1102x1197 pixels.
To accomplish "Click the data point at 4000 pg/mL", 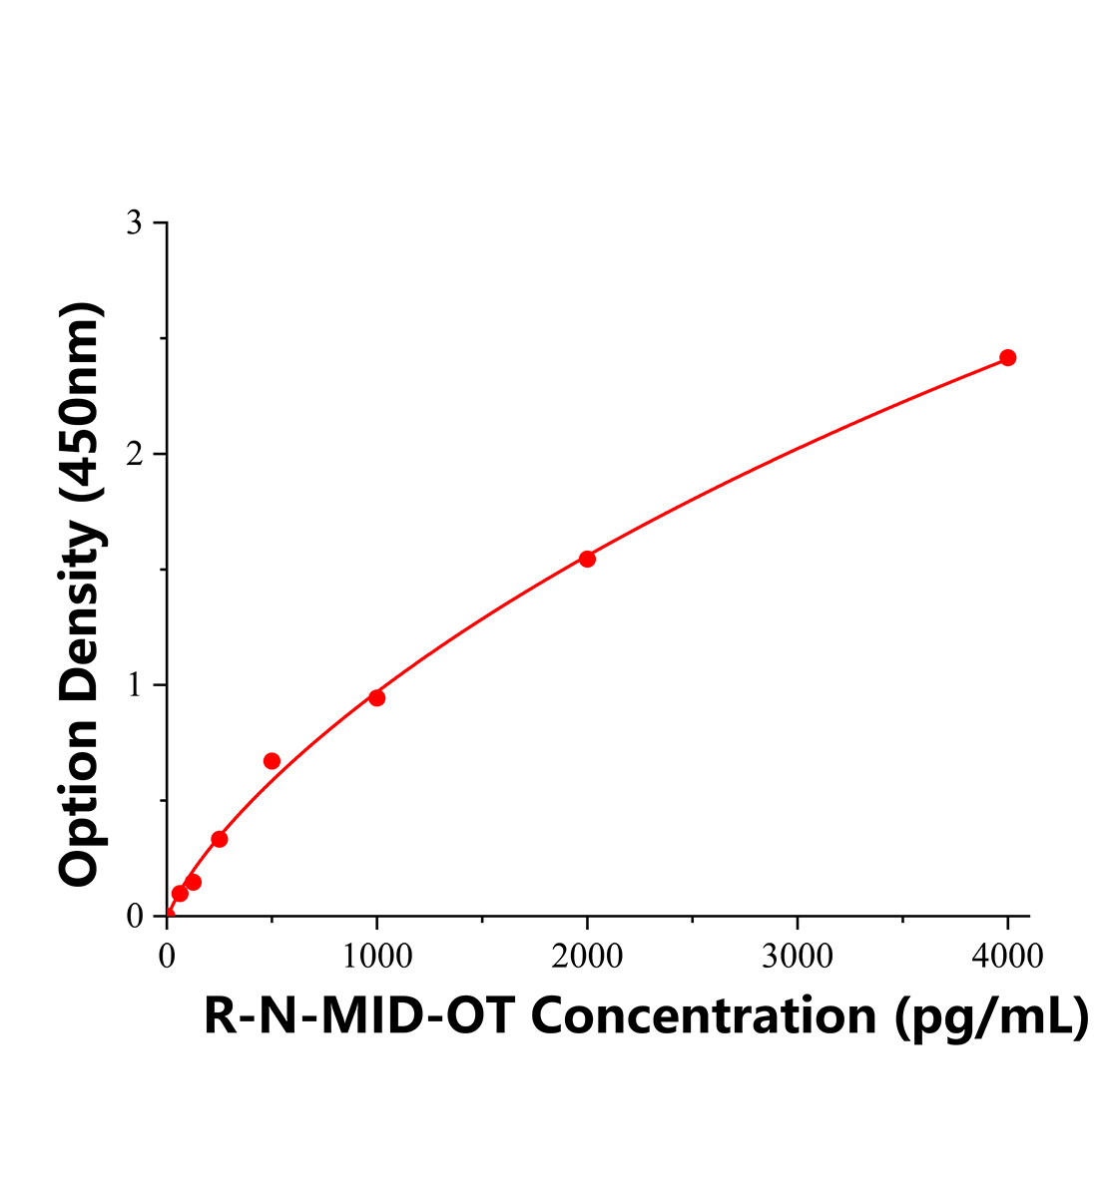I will point(1007,358).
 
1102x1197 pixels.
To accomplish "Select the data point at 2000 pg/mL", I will point(587,559).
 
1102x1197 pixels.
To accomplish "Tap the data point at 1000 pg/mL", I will point(376,697).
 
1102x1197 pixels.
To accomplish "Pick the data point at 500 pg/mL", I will point(272,761).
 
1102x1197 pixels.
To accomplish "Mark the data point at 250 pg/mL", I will point(220,839).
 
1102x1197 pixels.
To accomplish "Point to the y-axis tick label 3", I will point(134,223).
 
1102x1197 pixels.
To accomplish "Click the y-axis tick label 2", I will point(134,454).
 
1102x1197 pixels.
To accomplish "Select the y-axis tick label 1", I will point(134,685).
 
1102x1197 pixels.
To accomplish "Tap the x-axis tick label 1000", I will point(376,956).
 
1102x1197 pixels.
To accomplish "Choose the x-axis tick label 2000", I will point(587,956).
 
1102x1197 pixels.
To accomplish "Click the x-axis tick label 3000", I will point(797,956).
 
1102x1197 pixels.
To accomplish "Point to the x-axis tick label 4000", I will point(1007,956).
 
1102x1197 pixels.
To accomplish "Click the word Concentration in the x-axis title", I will point(703,1016).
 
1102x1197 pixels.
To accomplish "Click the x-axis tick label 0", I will point(167,956).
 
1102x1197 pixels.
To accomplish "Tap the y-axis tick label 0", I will point(134,916).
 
